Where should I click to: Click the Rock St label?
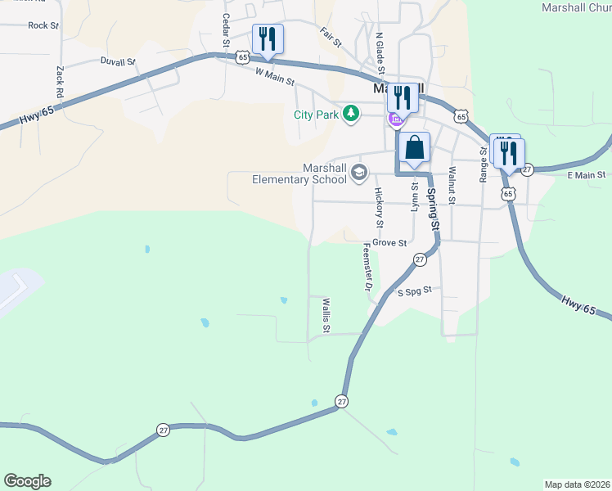tap(43, 25)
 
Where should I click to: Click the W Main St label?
tap(274, 78)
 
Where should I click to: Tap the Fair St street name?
tap(331, 36)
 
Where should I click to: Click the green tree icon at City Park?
tap(351, 113)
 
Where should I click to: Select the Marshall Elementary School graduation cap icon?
tap(358, 173)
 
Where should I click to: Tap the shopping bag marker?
tap(415, 149)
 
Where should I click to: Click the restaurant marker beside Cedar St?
tap(268, 39)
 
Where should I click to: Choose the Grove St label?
tap(389, 243)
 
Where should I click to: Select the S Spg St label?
tap(414, 291)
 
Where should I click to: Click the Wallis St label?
tap(326, 316)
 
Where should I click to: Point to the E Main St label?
tap(586, 175)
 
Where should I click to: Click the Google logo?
tap(27, 481)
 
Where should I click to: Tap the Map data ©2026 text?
tap(576, 484)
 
